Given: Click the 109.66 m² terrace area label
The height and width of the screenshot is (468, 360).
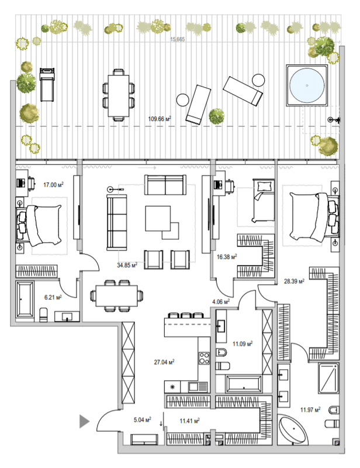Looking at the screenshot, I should [160, 119].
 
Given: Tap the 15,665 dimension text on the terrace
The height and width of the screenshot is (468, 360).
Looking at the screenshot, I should [178, 40].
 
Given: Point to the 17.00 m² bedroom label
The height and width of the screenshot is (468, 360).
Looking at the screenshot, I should [53, 185].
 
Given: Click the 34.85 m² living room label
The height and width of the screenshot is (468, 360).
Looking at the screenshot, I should [127, 265].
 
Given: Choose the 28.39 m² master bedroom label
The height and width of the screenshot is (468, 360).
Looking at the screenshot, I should [293, 281].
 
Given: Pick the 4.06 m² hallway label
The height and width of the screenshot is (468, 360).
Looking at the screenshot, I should [220, 302].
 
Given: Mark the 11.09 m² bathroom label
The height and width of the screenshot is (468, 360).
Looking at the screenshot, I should [241, 345].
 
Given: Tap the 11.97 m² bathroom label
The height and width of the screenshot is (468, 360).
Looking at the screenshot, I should [309, 410].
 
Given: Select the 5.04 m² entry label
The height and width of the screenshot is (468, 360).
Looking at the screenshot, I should [141, 419].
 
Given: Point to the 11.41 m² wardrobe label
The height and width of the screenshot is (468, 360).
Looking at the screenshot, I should [190, 420].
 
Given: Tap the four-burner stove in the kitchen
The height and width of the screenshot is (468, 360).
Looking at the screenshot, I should [205, 357].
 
